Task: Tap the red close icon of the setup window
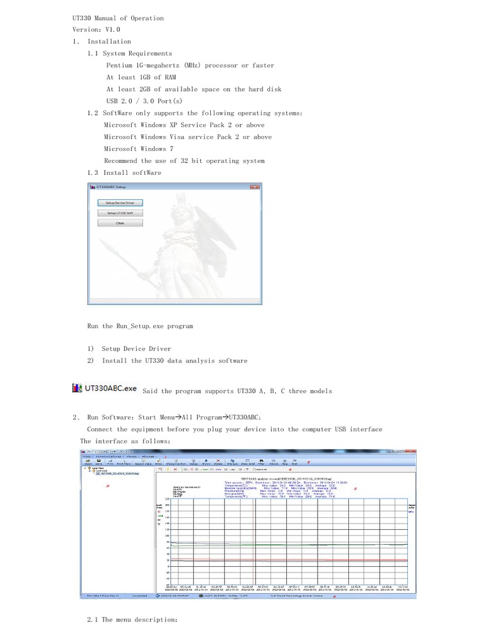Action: click(x=255, y=187)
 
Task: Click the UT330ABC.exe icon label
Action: click(x=105, y=389)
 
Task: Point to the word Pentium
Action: click(x=119, y=65)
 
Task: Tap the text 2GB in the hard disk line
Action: click(x=148, y=89)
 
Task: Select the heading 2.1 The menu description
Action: click(x=132, y=619)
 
